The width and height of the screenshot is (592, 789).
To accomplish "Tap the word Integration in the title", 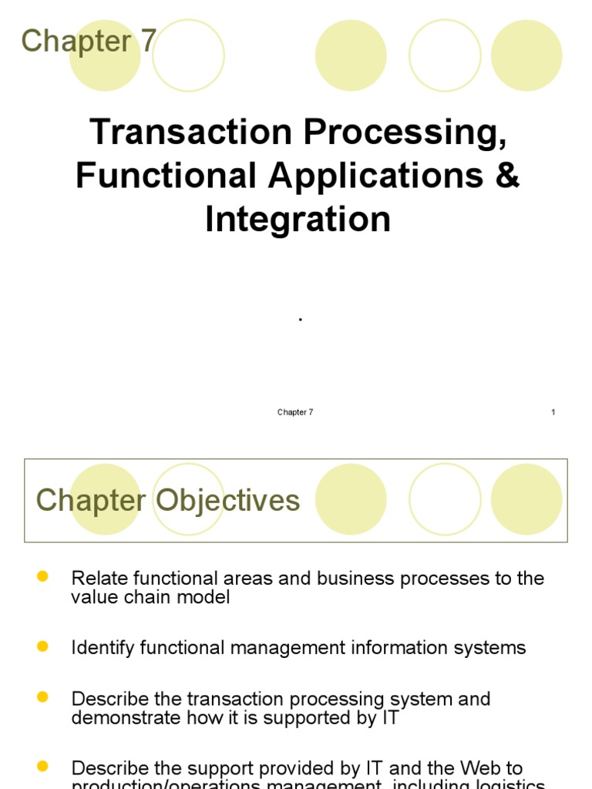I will point(298,220).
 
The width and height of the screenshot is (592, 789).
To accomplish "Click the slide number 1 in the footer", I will point(553,412).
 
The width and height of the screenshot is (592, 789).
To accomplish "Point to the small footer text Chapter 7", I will point(295,412).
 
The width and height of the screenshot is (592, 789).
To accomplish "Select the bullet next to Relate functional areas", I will point(42,576).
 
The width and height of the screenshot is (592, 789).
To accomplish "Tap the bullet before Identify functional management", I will point(42,646).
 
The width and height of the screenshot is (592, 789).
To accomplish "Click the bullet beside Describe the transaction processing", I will point(42,697).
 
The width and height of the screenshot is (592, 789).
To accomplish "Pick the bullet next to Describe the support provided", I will point(42,766).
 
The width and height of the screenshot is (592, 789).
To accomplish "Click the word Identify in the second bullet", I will point(103,648).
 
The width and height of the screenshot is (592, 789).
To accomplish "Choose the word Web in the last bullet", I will point(481,768).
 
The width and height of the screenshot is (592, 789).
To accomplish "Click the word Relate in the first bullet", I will point(96,579).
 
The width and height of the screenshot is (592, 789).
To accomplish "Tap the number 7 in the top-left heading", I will point(149,41).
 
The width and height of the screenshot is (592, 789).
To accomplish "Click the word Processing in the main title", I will point(405,133).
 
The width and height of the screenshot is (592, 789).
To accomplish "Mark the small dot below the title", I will point(299,319).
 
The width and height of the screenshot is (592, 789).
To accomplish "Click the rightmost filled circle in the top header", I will point(526,55).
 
